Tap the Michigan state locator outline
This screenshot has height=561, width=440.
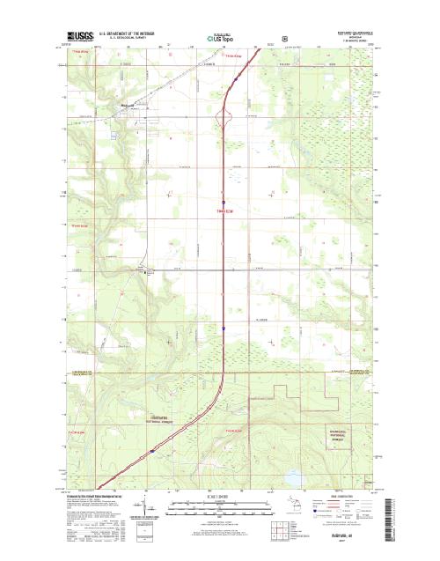301,509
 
